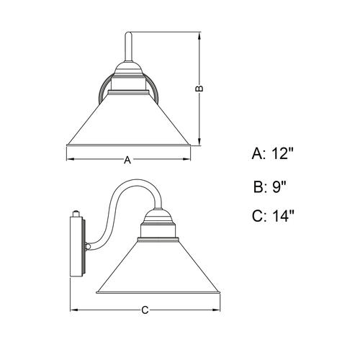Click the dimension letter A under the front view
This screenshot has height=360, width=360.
pos(127,160)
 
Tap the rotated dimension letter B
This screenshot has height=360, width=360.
pos(199,89)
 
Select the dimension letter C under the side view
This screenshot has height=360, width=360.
pos(145,310)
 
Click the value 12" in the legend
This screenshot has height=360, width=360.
pos(283,153)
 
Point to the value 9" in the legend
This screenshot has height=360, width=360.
pos(279,186)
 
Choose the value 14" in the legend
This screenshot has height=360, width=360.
pos(283,216)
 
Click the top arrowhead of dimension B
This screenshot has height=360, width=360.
pos(199,36)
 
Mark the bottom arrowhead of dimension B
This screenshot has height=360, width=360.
pos(199,142)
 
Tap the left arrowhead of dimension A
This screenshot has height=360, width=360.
pos(70,159)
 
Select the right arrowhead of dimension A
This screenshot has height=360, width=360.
pos(186,159)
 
